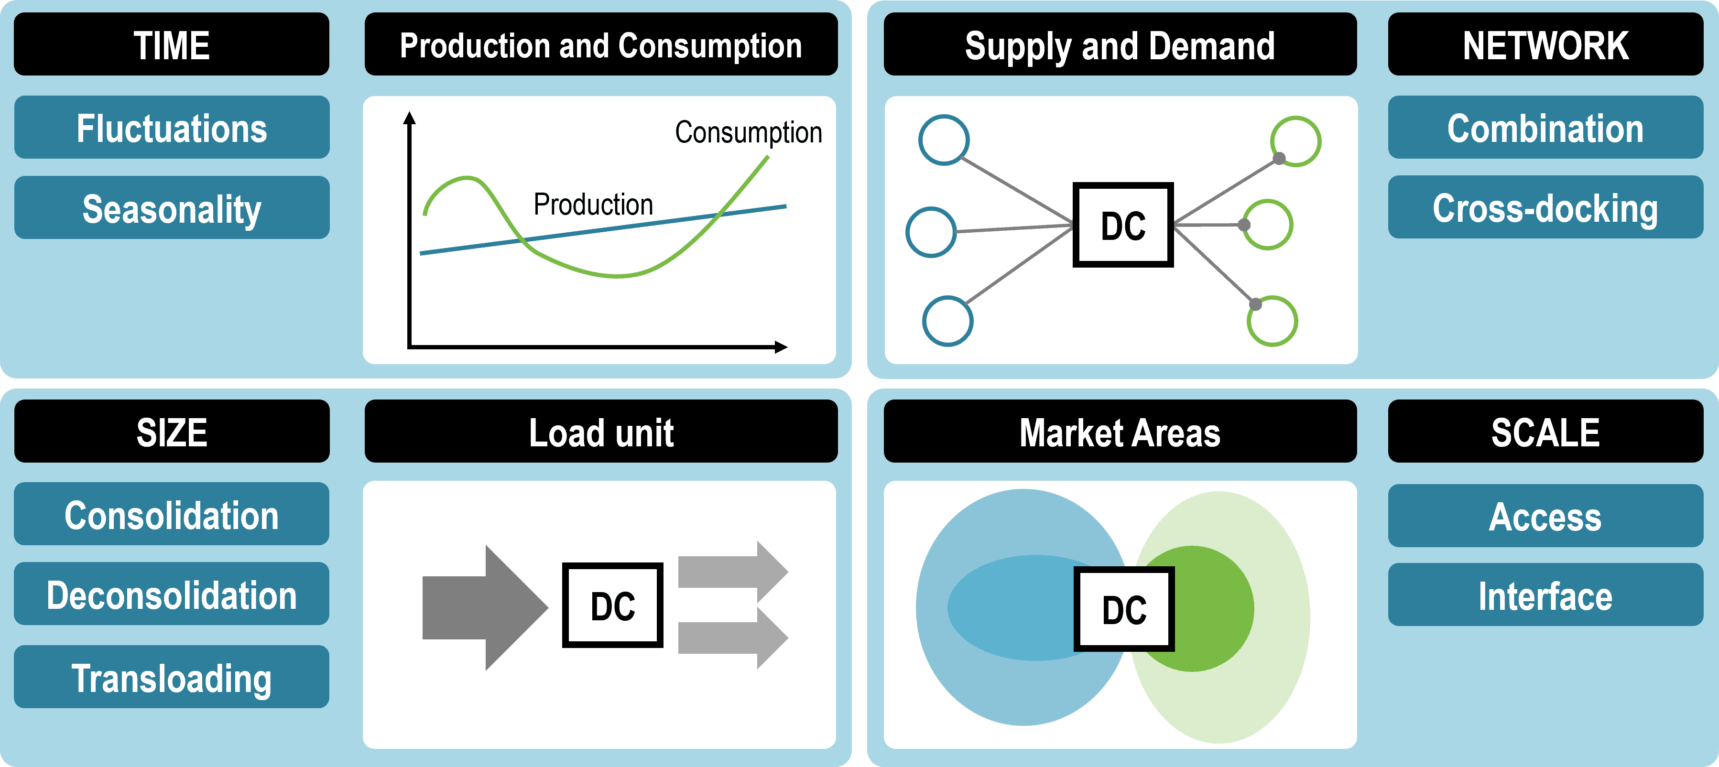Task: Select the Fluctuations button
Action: pyautogui.click(x=172, y=128)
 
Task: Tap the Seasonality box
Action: pyautogui.click(x=172, y=208)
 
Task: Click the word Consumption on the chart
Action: pyautogui.click(x=748, y=132)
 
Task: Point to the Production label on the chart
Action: pyautogui.click(x=593, y=204)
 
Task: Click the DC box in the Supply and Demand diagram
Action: pyautogui.click(x=1122, y=225)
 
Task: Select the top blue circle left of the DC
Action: pyautogui.click(x=944, y=140)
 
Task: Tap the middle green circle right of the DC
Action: pyautogui.click(x=1268, y=225)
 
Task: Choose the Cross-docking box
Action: pyautogui.click(x=1545, y=207)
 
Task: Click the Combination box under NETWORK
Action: pyautogui.click(x=1545, y=128)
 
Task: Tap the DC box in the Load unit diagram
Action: pyautogui.click(x=612, y=605)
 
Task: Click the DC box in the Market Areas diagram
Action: pyautogui.click(x=1124, y=608)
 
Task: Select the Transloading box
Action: pyautogui.click(x=172, y=677)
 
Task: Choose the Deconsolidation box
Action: pyautogui.click(x=172, y=594)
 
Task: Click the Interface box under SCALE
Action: pyautogui.click(x=1545, y=595)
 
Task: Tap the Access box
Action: pyautogui.click(x=1545, y=516)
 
